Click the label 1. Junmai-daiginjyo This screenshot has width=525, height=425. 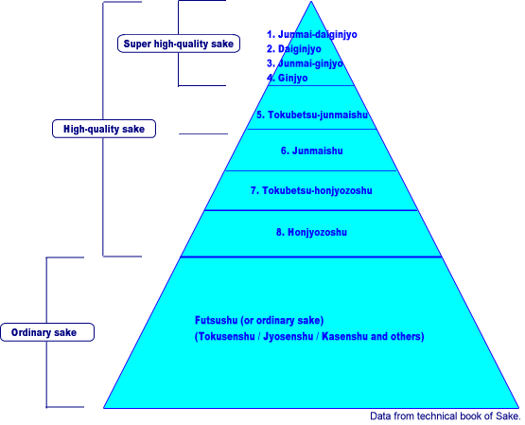(312, 35)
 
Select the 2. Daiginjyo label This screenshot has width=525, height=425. (293, 49)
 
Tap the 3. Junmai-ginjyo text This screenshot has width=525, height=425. (305, 63)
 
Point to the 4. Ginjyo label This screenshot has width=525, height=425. (287, 78)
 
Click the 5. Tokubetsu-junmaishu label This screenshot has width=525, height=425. (312, 115)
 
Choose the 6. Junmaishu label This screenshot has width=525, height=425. (312, 151)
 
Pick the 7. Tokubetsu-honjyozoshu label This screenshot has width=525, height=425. (311, 190)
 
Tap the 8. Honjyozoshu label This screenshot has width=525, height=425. (311, 232)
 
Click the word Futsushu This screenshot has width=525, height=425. (217, 321)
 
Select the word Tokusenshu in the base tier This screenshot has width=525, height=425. (226, 336)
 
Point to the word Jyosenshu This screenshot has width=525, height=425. (289, 336)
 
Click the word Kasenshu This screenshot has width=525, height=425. (345, 336)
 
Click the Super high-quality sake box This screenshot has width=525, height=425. (179, 44)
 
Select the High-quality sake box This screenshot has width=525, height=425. (104, 129)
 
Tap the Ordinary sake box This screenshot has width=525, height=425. (47, 332)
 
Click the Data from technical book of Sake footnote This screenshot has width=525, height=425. (446, 416)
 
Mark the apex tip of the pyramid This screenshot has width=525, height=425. (311, 1)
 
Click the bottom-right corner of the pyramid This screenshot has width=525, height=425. (519, 408)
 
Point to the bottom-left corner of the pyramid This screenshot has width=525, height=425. (103, 408)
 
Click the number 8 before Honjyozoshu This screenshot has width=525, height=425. (279, 232)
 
